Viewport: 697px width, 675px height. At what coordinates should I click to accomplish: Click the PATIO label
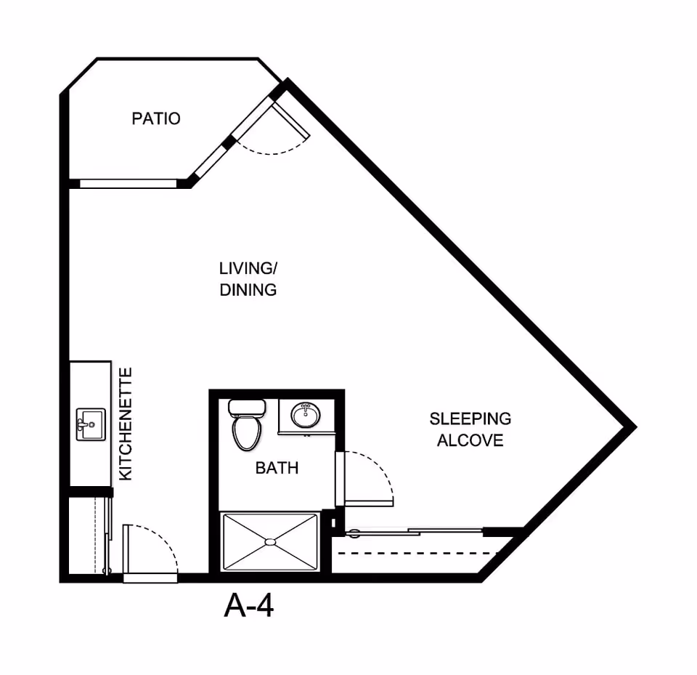click(156, 118)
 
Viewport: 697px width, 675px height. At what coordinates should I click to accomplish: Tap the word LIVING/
click(248, 268)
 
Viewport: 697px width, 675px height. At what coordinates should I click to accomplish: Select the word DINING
click(248, 290)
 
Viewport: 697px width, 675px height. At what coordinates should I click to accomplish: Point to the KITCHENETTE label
click(126, 424)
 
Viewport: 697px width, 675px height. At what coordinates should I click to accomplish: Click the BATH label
click(277, 468)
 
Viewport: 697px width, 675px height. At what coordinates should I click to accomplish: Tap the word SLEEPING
click(470, 419)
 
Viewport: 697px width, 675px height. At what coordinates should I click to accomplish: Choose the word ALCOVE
click(470, 440)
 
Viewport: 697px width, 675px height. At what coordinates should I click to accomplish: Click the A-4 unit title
click(248, 605)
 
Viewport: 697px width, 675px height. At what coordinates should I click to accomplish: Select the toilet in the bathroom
click(247, 424)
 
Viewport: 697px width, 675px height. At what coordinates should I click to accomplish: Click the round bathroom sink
click(306, 416)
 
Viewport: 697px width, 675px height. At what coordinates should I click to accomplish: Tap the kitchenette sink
click(91, 424)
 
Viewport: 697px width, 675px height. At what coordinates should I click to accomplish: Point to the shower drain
click(270, 541)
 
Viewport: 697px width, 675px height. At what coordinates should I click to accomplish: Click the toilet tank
click(247, 407)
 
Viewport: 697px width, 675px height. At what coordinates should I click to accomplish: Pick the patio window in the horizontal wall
click(128, 184)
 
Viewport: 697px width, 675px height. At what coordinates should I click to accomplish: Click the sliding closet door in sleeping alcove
click(415, 531)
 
